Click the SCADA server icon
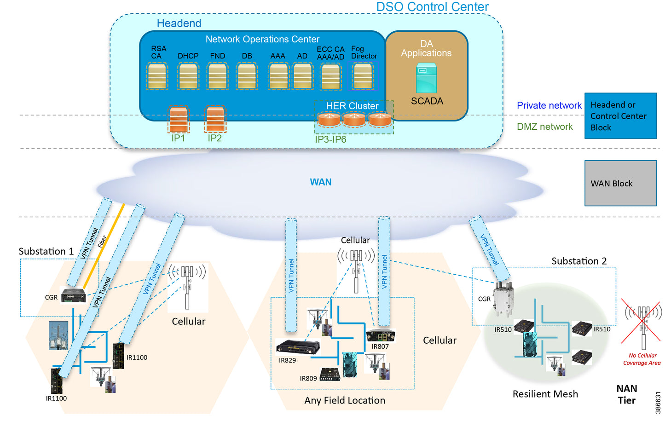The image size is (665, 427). point(426,79)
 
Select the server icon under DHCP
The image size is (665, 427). point(188,76)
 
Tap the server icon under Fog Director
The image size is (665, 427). point(363,76)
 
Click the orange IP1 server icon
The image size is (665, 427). point(178,120)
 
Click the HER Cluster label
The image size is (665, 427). point(352,106)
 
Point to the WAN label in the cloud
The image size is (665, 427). point(321,182)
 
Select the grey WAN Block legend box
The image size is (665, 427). point(620,183)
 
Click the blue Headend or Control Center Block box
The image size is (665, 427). point(620,116)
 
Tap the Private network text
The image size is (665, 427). point(549,105)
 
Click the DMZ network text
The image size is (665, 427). point(544,127)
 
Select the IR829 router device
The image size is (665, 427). point(298,347)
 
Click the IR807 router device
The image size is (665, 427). point(381,335)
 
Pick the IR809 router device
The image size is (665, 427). point(330,375)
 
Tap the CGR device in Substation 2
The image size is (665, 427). point(503,299)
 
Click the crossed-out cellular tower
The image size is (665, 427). point(643,322)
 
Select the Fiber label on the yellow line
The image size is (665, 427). point(102,242)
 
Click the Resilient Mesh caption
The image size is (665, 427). point(545,394)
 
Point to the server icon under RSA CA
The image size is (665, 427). point(157,76)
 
